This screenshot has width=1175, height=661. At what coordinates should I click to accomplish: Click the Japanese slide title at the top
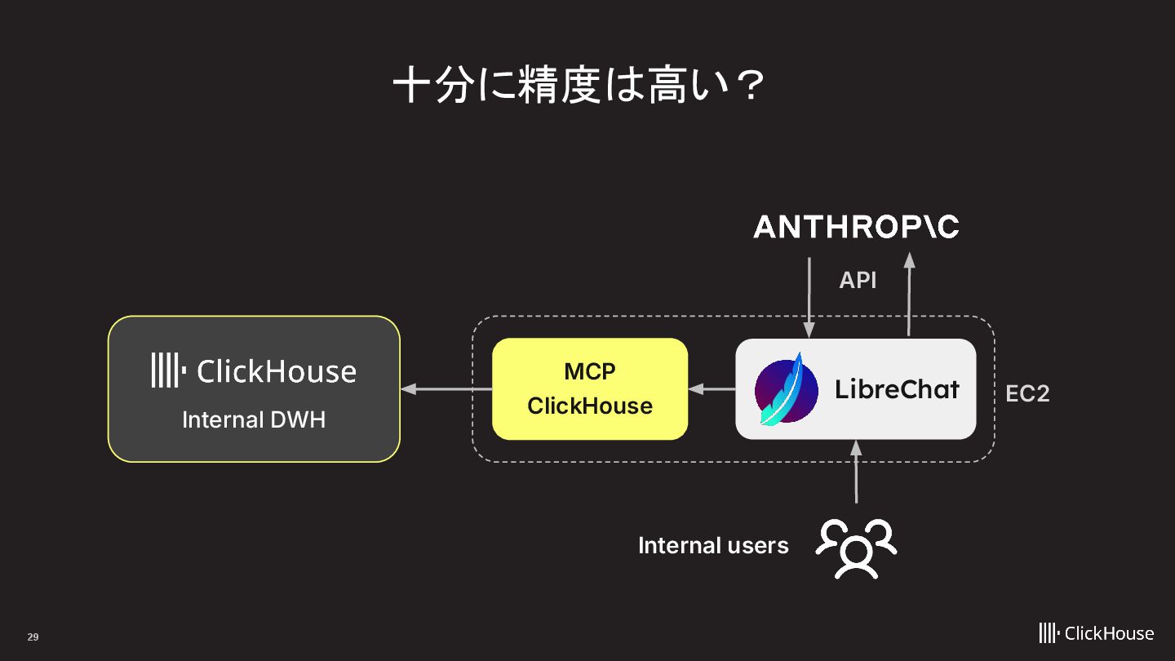click(x=579, y=86)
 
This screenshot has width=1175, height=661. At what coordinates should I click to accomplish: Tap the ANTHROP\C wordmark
click(x=856, y=227)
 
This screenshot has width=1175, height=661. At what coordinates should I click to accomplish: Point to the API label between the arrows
click(x=858, y=281)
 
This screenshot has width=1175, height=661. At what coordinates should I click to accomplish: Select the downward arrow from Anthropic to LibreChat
click(x=809, y=298)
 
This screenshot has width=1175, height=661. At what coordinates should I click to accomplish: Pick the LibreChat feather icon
click(x=786, y=389)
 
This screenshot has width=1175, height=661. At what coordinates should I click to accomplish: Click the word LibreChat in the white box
click(x=897, y=389)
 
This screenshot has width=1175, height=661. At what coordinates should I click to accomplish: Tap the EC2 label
click(x=1027, y=393)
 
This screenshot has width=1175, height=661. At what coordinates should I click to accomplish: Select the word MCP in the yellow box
click(x=590, y=371)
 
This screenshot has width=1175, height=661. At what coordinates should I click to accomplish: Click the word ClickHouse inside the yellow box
click(x=590, y=406)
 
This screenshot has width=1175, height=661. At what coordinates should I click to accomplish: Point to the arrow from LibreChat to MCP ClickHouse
click(x=712, y=389)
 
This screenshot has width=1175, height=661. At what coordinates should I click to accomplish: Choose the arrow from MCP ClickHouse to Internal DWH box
click(x=446, y=389)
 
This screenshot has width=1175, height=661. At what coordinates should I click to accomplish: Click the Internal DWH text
click(x=254, y=419)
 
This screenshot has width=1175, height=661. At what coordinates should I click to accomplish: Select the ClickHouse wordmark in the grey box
click(x=277, y=372)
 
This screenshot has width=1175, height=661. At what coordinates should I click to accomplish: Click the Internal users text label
click(x=713, y=545)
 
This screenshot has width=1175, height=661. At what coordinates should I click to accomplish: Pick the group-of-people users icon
click(x=856, y=548)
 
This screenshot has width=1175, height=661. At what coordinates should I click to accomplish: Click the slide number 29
click(x=33, y=637)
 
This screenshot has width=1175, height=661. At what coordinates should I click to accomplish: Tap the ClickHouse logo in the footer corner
click(x=1096, y=633)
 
